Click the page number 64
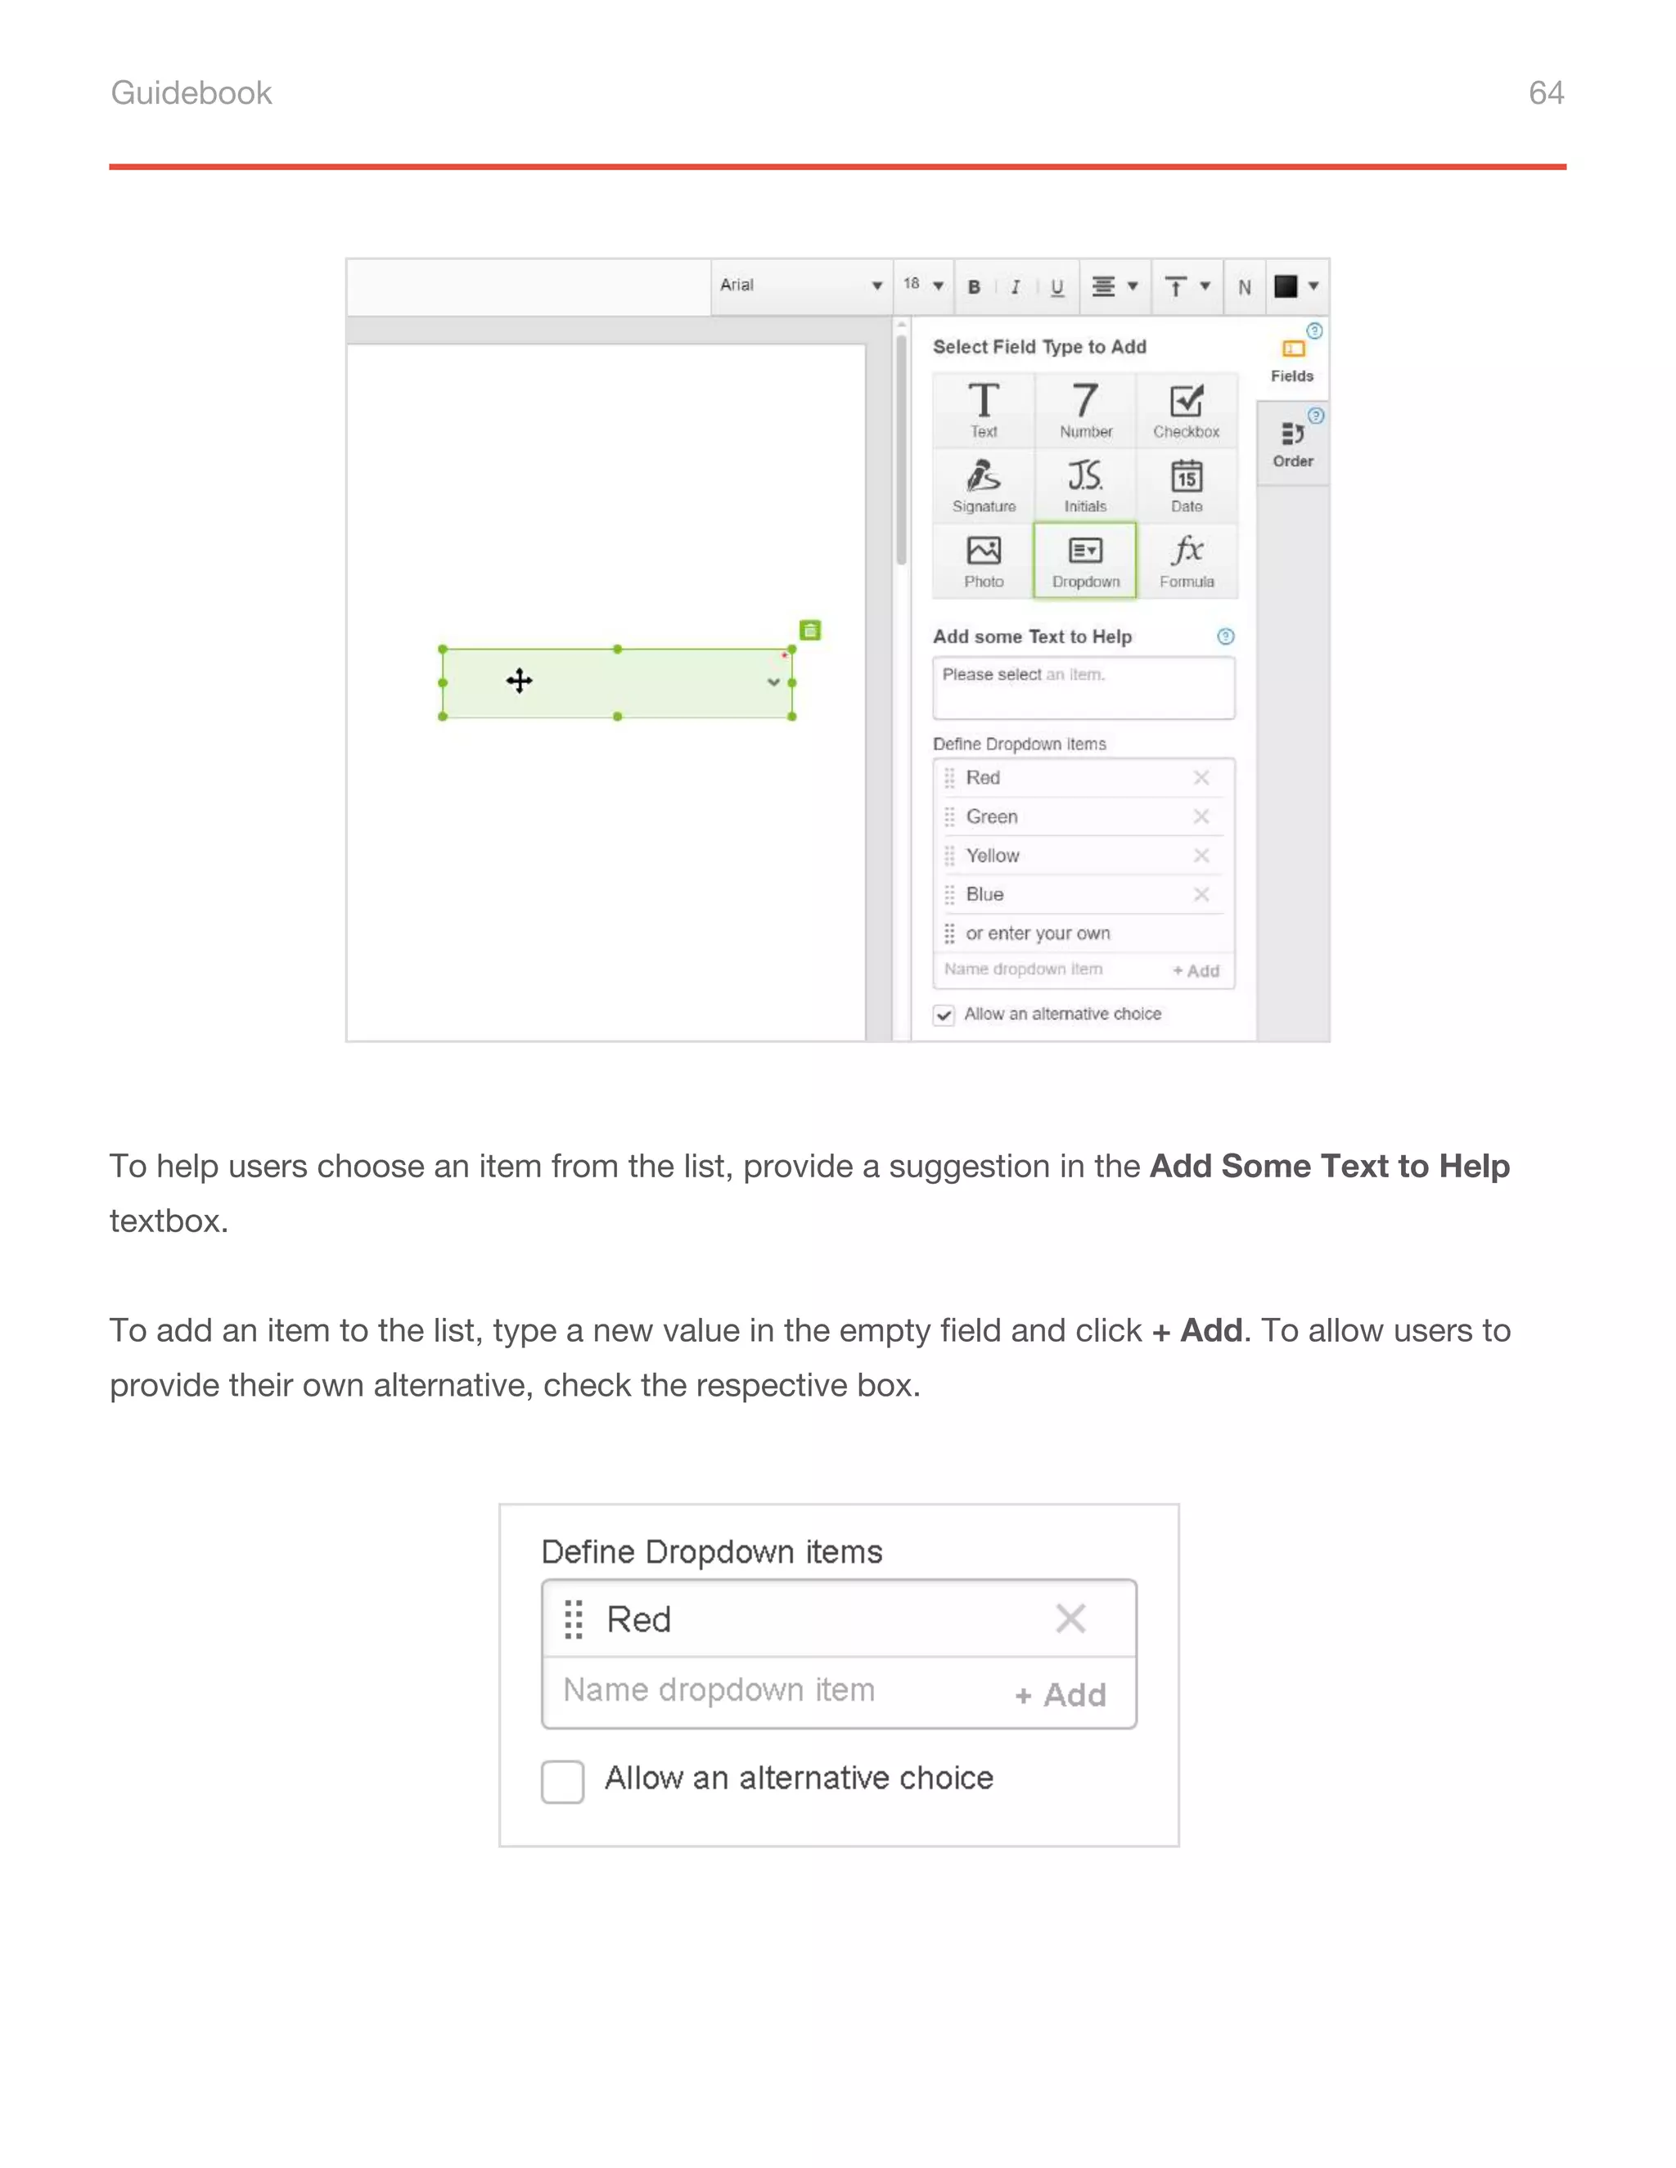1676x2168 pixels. (1545, 92)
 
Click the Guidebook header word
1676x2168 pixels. (191, 92)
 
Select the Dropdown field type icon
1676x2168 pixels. (1085, 560)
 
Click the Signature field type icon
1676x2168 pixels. (984, 484)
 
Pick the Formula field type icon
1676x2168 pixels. (1187, 560)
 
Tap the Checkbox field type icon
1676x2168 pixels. (1187, 409)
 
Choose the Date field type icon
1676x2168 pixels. (1187, 484)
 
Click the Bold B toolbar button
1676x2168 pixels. (974, 287)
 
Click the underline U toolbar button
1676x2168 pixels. (1057, 287)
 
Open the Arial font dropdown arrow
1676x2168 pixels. (876, 286)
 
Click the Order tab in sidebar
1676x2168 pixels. (1293, 443)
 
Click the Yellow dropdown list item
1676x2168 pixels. (993, 856)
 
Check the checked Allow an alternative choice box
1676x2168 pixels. (944, 1014)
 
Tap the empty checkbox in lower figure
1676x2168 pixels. (563, 1781)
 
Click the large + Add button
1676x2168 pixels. (1061, 1694)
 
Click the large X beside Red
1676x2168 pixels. (1070, 1619)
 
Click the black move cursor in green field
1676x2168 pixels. (520, 681)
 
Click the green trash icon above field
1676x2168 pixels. (810, 630)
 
